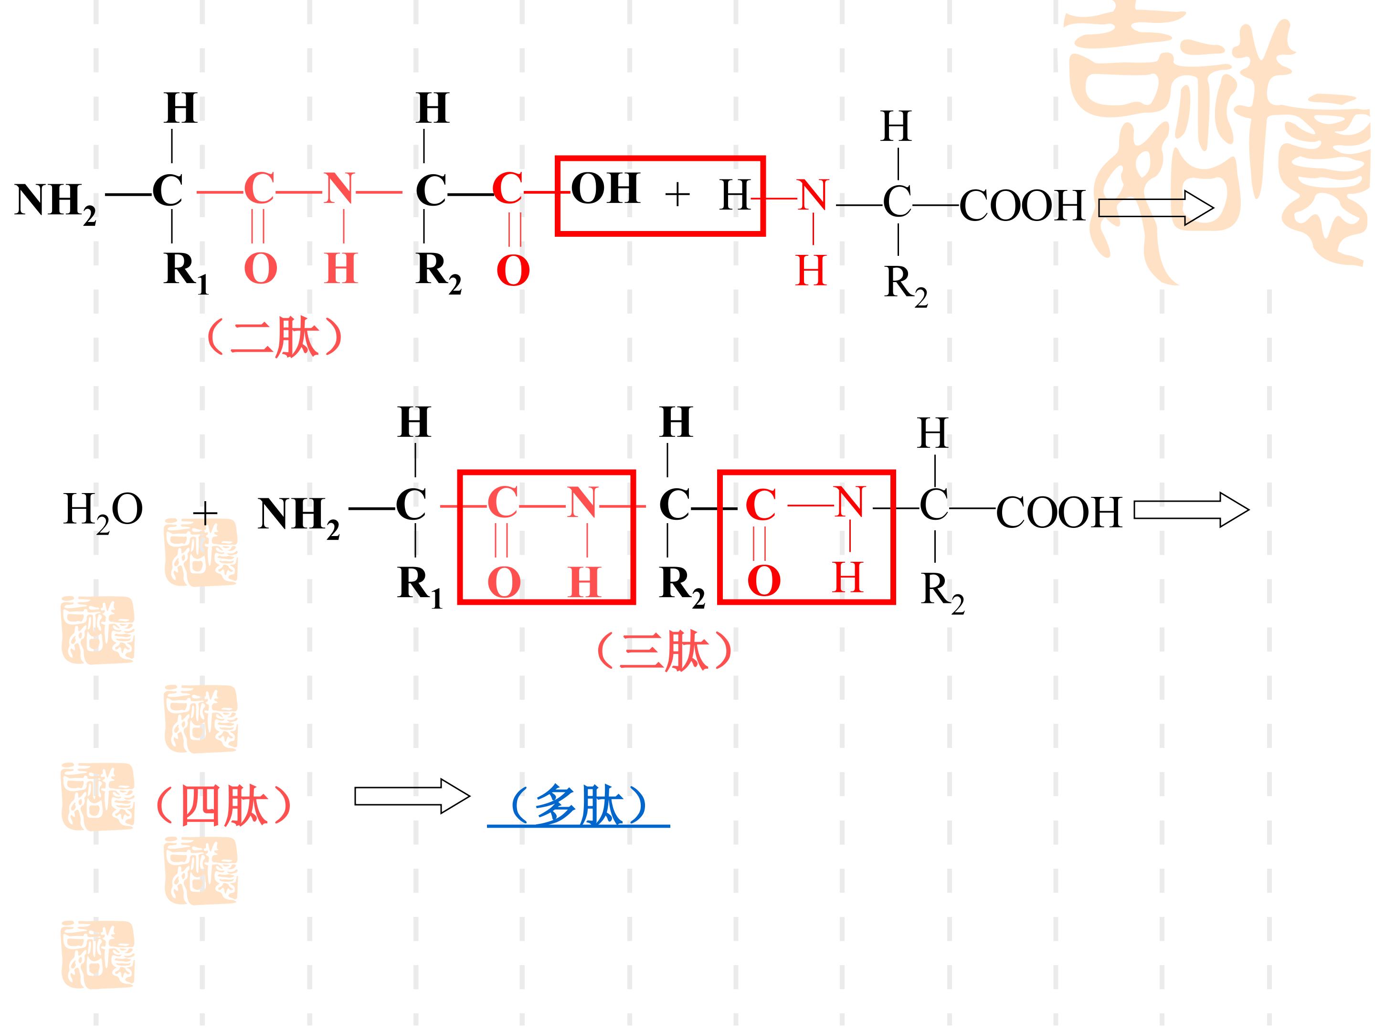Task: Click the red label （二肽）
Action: point(274,338)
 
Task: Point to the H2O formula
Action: point(103,512)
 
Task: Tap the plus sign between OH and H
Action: point(677,195)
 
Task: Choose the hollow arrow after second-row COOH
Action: point(1192,510)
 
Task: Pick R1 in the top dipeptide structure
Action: point(186,272)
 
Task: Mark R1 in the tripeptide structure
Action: point(420,587)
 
